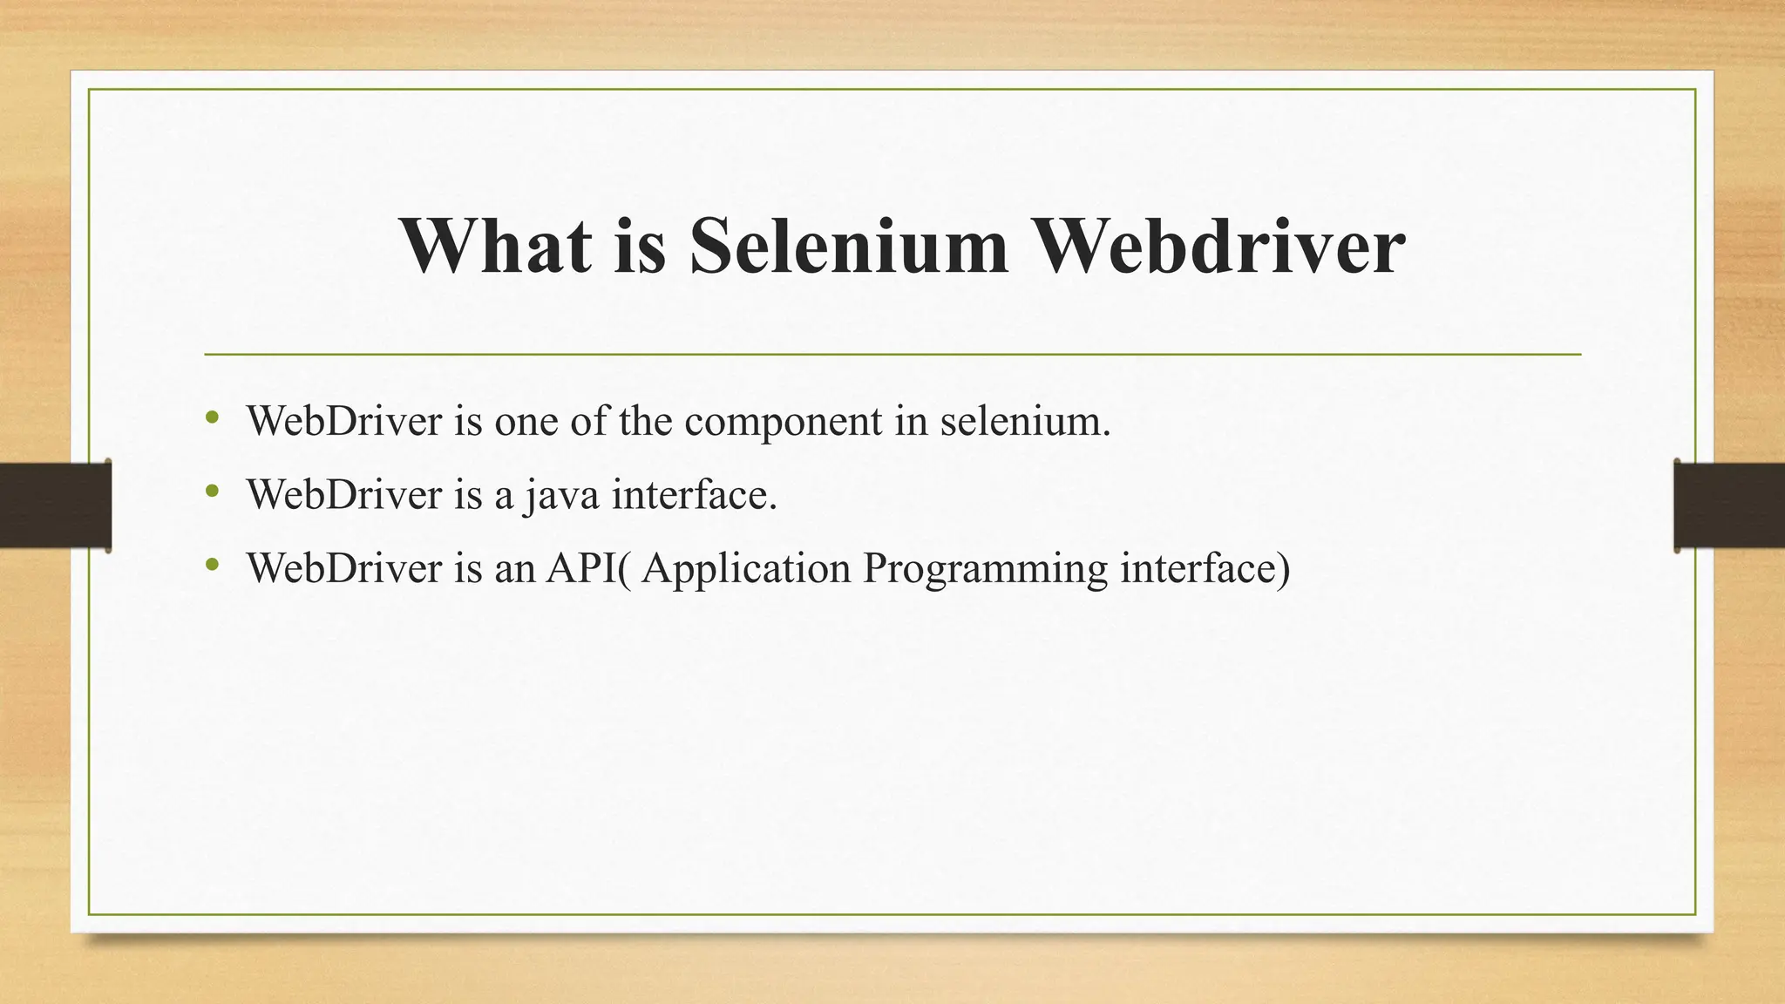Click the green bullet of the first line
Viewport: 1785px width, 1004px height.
pos(212,418)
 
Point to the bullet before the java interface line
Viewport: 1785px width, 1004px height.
pos(212,492)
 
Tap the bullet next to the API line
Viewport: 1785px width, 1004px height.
pos(212,565)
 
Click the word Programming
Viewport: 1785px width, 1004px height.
pos(985,570)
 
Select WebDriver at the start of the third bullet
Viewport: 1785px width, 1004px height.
pos(344,568)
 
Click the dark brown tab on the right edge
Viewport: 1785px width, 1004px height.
pos(1729,505)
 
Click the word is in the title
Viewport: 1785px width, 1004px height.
pos(640,246)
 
